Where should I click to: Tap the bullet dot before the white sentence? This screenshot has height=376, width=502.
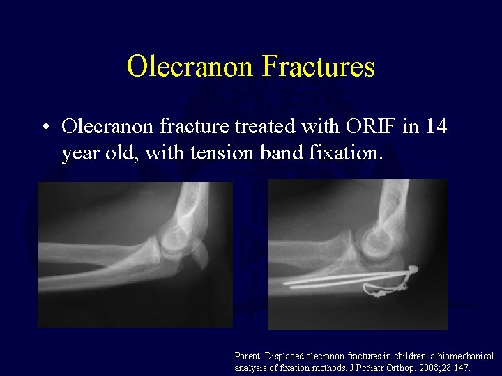[45, 127]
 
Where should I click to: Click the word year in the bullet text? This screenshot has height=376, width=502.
[80, 152]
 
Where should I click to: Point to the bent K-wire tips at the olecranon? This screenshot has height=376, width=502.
[412, 267]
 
